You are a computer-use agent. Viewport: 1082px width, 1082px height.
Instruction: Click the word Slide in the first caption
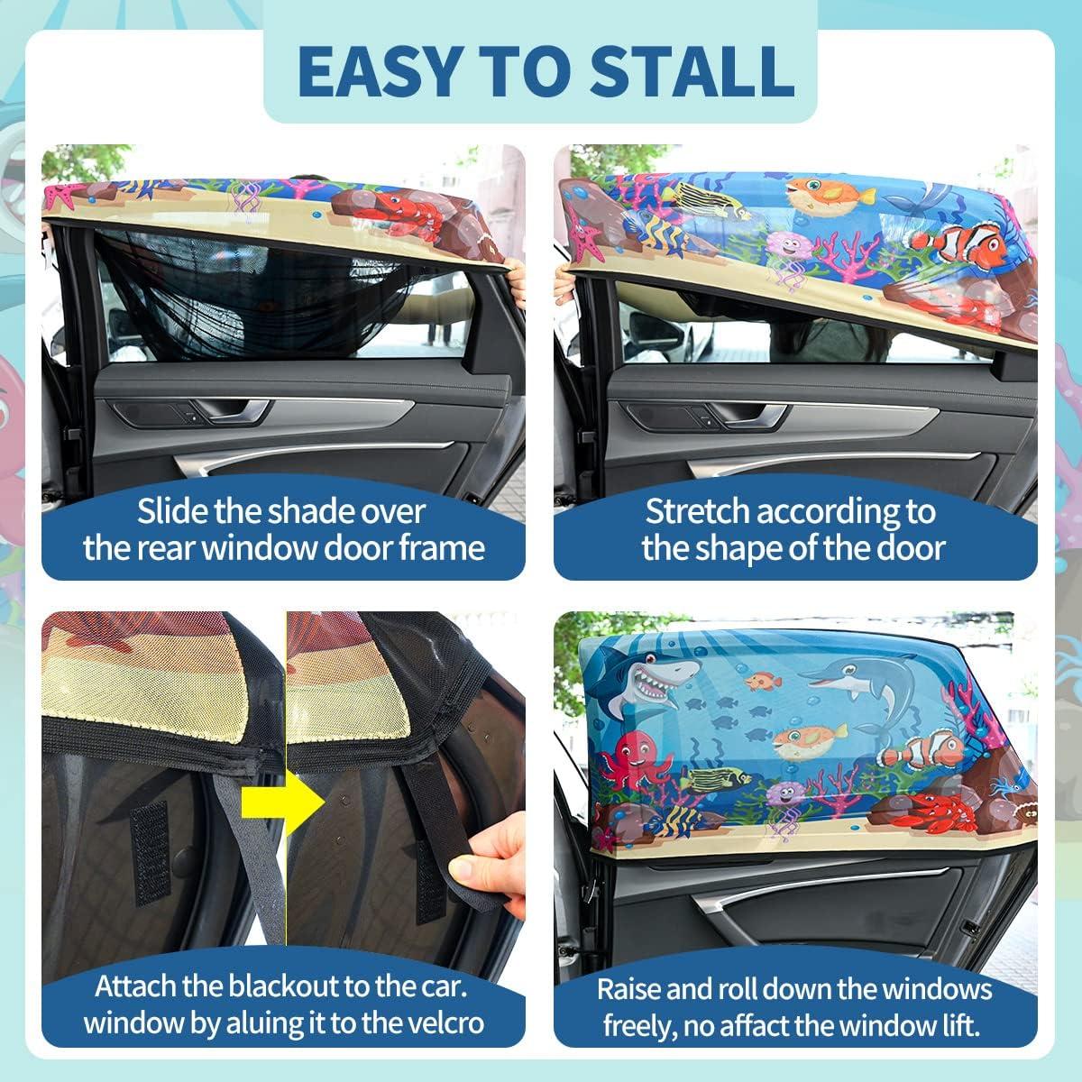(171, 512)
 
